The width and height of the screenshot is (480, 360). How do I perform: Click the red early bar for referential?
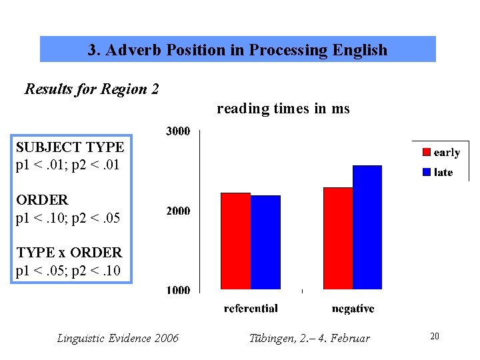pos(235,241)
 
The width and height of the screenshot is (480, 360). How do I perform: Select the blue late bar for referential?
pos(265,242)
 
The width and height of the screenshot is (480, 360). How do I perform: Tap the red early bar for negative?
pos(337,238)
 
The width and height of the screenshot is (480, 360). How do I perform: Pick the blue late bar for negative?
pos(367,227)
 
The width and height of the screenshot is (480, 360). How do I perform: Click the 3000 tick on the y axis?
pos(177,131)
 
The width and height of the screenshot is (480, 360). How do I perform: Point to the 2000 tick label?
pos(177,211)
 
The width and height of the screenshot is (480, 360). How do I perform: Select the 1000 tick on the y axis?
pos(177,290)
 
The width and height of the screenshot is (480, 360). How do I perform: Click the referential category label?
pos(251,309)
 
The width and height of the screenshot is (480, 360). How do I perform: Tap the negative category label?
pos(353,309)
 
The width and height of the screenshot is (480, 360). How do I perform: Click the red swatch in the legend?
pos(426,153)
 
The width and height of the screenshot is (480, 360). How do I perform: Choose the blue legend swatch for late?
pos(426,172)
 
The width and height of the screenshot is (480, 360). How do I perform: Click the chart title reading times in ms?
pos(283,109)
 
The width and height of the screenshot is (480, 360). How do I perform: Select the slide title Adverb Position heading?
pos(237,50)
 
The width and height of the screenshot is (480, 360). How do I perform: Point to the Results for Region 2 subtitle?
pos(92,89)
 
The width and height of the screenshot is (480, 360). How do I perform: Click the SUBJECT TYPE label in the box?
pos(70,147)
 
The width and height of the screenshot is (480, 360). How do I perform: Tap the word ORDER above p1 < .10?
pos(42,200)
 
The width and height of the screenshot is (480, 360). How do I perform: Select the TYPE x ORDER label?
pos(69,253)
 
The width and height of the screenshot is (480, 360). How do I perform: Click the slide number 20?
pos(435,337)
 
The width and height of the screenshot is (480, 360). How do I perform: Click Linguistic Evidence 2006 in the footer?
pos(118,339)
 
